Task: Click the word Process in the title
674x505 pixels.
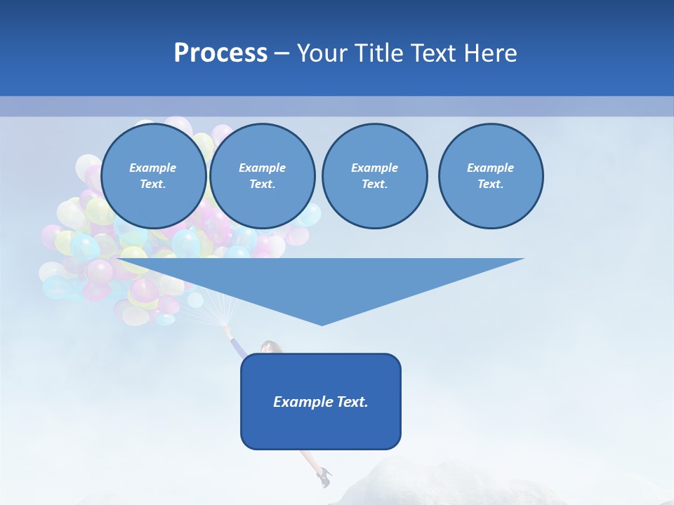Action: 220,53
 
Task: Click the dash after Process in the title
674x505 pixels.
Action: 282,53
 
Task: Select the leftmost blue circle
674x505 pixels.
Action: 153,176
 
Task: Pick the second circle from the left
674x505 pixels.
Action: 262,176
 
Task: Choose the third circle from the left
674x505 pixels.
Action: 374,176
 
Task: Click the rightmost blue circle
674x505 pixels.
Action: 490,176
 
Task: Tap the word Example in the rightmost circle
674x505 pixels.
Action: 490,168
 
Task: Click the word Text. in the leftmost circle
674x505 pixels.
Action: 153,184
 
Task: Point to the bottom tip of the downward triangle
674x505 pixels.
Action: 322,324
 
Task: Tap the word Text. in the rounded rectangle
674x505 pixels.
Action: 353,402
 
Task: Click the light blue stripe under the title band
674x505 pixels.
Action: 337,106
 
